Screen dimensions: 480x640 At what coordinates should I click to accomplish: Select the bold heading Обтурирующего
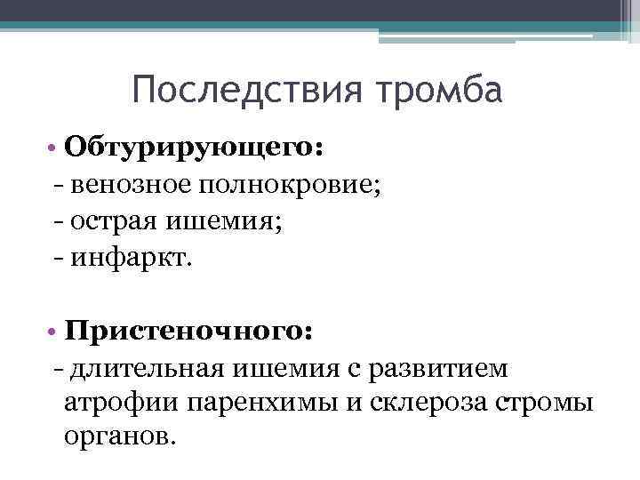click(194, 146)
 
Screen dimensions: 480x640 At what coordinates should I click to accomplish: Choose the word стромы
click(552, 404)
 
